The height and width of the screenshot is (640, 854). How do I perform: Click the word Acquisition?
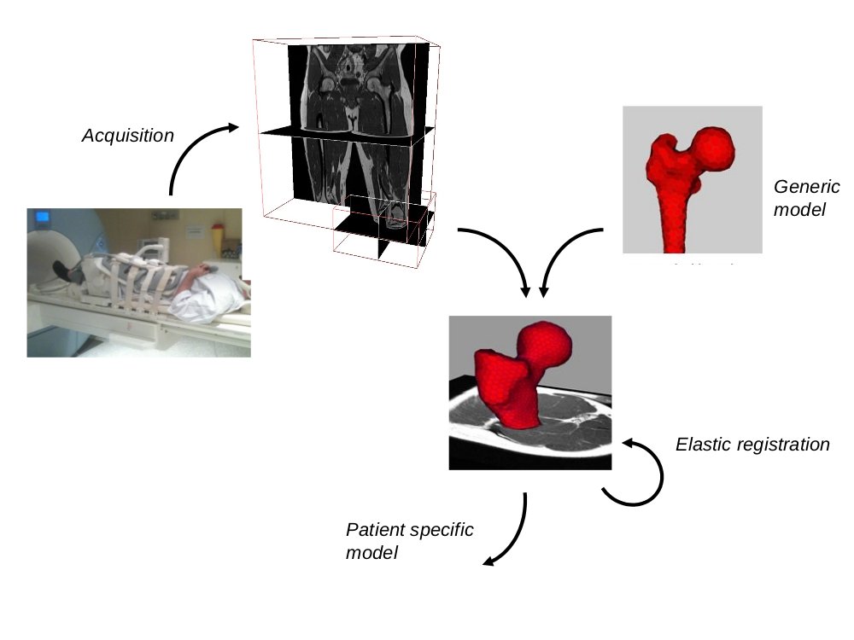pyautogui.click(x=127, y=136)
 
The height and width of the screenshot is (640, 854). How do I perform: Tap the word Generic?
pyautogui.click(x=806, y=187)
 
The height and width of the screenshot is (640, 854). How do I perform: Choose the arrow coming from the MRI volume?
pyautogui.click(x=500, y=257)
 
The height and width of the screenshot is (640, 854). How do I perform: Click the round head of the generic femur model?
pyautogui.click(x=713, y=147)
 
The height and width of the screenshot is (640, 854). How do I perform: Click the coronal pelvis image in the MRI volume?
pyautogui.click(x=359, y=85)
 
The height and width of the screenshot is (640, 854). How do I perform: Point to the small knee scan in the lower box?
pyautogui.click(x=394, y=213)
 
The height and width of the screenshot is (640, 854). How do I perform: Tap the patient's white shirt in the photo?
pyautogui.click(x=209, y=294)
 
